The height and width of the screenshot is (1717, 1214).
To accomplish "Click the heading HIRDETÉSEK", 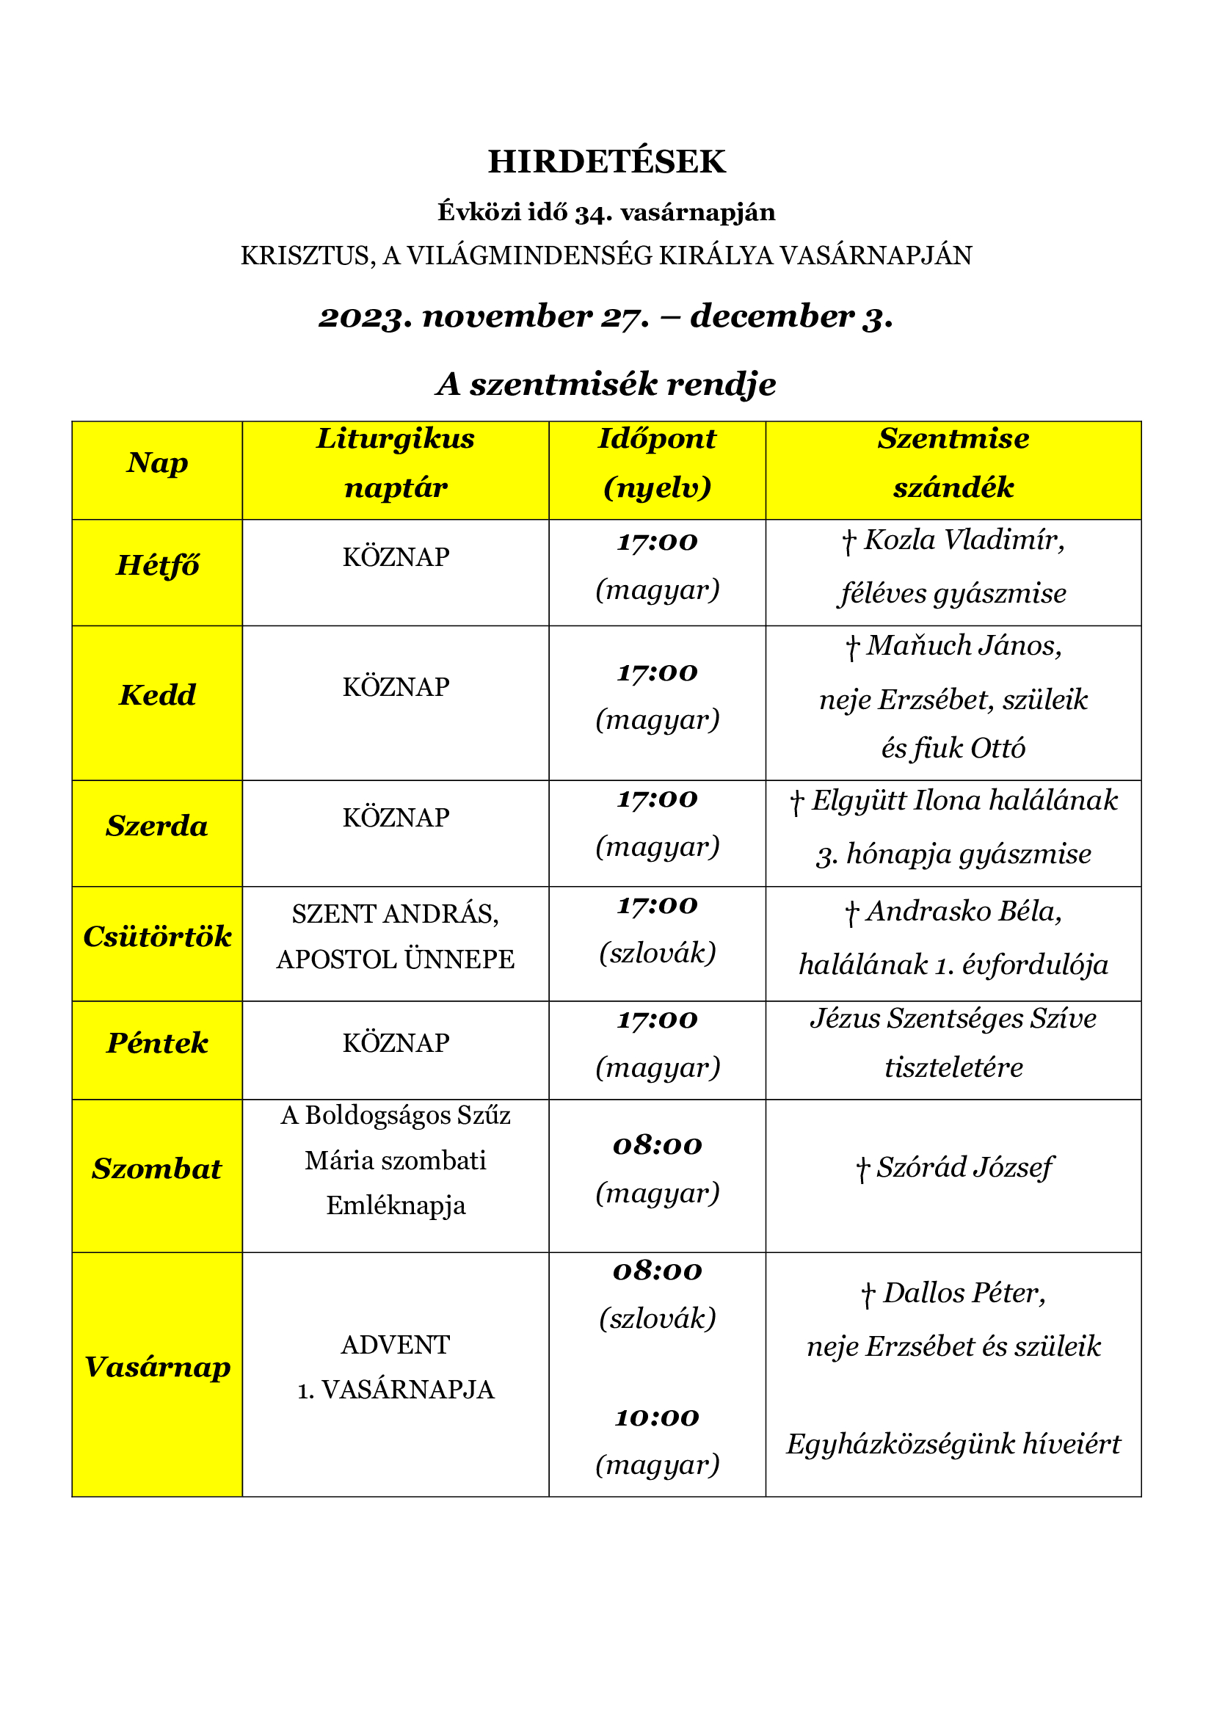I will pos(606,161).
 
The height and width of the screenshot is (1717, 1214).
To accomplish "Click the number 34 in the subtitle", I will pos(590,213).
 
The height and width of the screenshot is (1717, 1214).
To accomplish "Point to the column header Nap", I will pos(157,463).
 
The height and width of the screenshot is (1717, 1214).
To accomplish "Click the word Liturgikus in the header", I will pos(396,438).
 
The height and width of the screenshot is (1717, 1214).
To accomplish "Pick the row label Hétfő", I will pos(158,565).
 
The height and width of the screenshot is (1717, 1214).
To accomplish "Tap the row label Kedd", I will pos(158,694).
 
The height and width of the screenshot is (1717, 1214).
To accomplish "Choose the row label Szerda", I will pos(157,826).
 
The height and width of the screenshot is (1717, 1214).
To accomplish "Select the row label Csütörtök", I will pos(158,936).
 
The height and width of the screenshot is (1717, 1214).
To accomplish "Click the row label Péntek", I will pos(158,1042).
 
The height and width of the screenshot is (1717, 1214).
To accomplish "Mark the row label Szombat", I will pos(157,1168).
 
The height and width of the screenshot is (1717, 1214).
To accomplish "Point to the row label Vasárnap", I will pos(158,1366).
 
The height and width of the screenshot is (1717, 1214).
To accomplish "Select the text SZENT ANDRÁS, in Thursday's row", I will pos(396,914).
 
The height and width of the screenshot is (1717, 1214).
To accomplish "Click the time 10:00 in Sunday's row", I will pos(657,1416).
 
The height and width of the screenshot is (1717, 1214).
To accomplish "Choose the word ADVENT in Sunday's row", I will pos(396,1345).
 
